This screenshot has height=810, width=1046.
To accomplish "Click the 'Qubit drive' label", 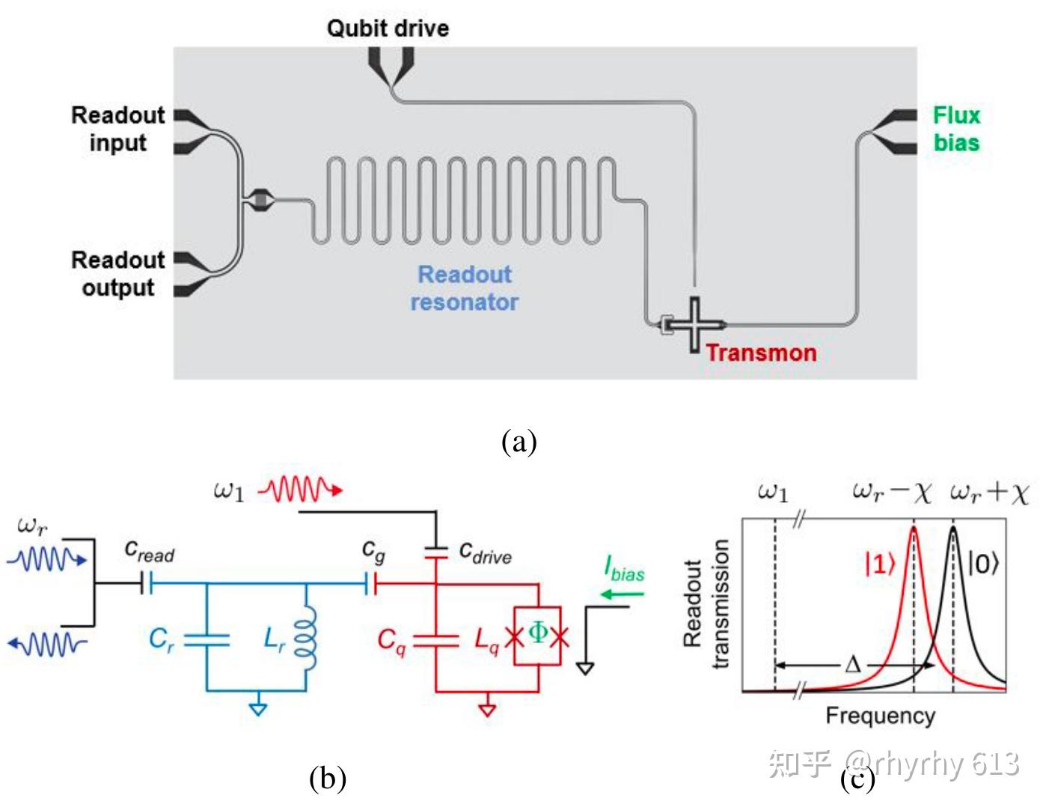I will pyautogui.click(x=388, y=28).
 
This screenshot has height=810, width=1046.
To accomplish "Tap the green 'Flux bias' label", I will pyautogui.click(x=955, y=129).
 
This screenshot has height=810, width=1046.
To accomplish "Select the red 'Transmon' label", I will pyautogui.click(x=761, y=353).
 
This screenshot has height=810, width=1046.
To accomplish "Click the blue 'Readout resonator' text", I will pyautogui.click(x=464, y=288).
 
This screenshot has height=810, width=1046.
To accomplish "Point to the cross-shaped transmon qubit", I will pyautogui.click(x=694, y=324).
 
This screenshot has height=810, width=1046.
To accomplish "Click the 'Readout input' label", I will pyautogui.click(x=117, y=129).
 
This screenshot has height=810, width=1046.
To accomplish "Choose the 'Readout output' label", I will pyautogui.click(x=117, y=273).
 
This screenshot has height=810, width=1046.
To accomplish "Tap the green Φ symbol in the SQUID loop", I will pyautogui.click(x=537, y=633).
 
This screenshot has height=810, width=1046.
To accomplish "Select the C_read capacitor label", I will pyautogui.click(x=149, y=552).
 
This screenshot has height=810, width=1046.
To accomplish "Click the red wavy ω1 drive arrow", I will pyautogui.click(x=300, y=491).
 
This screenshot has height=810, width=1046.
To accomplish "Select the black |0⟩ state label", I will pyautogui.click(x=983, y=563).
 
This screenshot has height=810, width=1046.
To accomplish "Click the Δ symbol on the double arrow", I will pyautogui.click(x=852, y=665).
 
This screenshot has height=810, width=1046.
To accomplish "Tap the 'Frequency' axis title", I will pyautogui.click(x=880, y=716).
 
